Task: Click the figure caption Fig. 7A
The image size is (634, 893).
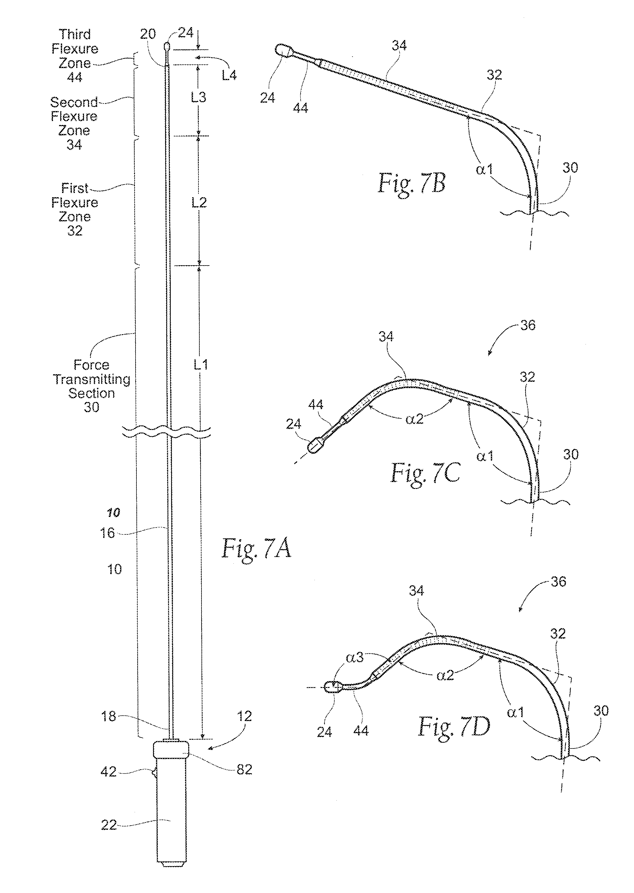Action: coord(256,548)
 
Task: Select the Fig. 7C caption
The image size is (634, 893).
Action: coord(426,473)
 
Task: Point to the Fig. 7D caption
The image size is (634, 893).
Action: coord(454,727)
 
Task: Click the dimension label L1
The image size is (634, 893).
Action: coord(201,365)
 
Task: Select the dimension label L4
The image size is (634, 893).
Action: coord(229,75)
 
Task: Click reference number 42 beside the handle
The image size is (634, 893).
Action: coord(108,772)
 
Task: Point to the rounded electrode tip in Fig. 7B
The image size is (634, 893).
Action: coord(283,51)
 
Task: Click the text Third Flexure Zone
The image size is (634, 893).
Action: coord(75,49)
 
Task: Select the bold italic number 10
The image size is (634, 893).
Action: coord(114,512)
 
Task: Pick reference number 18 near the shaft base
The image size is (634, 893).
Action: coord(108,716)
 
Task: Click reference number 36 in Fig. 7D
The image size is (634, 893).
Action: coord(558,582)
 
